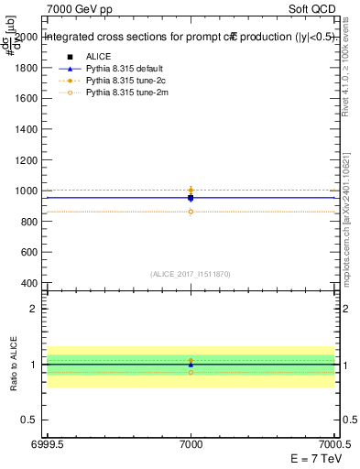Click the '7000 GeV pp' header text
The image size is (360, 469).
pos(76,7)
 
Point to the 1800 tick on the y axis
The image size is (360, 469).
pos(27,69)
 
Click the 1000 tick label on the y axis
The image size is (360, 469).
pos(27,191)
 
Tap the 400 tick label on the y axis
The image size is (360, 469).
pos(30,282)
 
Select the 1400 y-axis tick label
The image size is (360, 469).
pos(27,129)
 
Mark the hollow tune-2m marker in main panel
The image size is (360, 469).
pos(191,212)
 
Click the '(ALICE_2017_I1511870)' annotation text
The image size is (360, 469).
pos(191,273)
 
